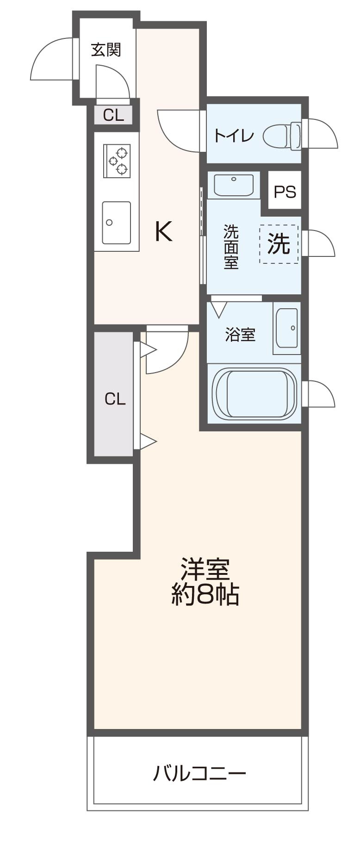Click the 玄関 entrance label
106,50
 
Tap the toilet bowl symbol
282,136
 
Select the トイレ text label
234,136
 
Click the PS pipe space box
285,191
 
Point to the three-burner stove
117,161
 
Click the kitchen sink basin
116,222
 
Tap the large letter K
163,231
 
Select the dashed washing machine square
279,244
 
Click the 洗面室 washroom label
230,247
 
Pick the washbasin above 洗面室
234,185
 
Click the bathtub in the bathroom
254,393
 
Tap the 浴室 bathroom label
240,334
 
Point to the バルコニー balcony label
199,773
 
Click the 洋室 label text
205,569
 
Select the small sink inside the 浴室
287,328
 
